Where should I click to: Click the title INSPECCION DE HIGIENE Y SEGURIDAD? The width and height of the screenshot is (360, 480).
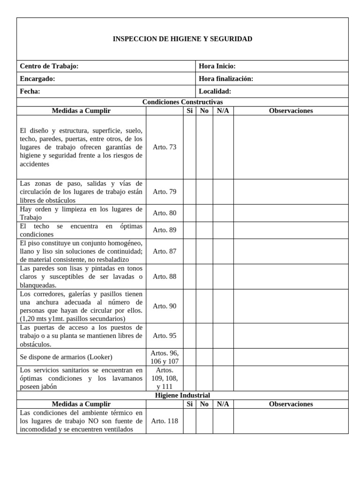coord(182,39)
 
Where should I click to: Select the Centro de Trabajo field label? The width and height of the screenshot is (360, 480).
coord(49,66)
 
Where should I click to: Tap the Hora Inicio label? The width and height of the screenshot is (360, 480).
coord(217,66)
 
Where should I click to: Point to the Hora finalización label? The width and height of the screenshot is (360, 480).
coord(226,79)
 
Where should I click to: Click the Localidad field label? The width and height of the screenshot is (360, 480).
coord(215,91)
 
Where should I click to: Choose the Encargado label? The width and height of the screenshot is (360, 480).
coord(37,79)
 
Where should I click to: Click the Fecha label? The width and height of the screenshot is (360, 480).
coord(30,91)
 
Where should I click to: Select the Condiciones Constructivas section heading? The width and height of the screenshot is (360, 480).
coord(182,102)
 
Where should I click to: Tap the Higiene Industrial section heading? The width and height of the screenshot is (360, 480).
coord(182,395)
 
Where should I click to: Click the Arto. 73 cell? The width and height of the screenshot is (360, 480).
coord(165,147)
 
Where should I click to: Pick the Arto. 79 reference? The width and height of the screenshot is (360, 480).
coord(165,192)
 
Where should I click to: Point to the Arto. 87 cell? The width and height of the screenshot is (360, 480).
coord(165,251)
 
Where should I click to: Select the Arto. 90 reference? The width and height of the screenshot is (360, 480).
coord(165,306)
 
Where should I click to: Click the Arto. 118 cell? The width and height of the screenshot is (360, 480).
coord(165,421)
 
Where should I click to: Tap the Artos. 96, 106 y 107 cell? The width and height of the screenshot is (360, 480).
coord(165,357)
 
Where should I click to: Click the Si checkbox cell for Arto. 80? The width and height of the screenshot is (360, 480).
coord(189,213)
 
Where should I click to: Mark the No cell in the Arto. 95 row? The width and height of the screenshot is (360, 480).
coord(204,336)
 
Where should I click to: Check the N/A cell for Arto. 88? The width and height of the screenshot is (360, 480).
coord(223,277)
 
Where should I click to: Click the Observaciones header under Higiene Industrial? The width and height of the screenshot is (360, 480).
coord(291,404)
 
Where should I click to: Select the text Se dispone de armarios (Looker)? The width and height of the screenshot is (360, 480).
coord(66,357)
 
